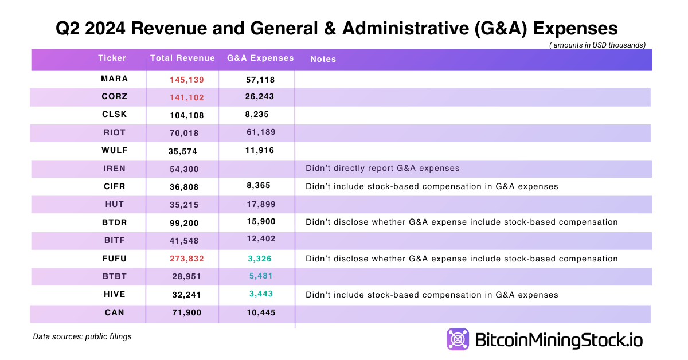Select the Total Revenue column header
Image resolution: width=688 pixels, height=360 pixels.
182,58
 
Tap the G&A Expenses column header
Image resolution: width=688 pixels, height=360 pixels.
260,58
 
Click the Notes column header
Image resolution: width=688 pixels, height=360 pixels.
323,59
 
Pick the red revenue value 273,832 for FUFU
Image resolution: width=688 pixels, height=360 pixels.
187,259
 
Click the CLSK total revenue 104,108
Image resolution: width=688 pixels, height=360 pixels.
187,115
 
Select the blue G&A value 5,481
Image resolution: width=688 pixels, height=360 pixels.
260,276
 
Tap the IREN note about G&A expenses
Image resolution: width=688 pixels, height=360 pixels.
382,169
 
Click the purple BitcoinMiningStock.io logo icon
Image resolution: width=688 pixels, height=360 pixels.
458,339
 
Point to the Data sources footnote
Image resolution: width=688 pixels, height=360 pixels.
82,336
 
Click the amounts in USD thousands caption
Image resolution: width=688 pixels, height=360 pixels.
597,45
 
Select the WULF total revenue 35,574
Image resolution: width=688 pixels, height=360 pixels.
187,151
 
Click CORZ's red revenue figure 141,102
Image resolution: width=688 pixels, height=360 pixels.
187,97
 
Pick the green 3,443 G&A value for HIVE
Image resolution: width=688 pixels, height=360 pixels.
260,294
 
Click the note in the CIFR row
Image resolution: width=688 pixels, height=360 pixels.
432,186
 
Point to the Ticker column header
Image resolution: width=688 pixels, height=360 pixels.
112,58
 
